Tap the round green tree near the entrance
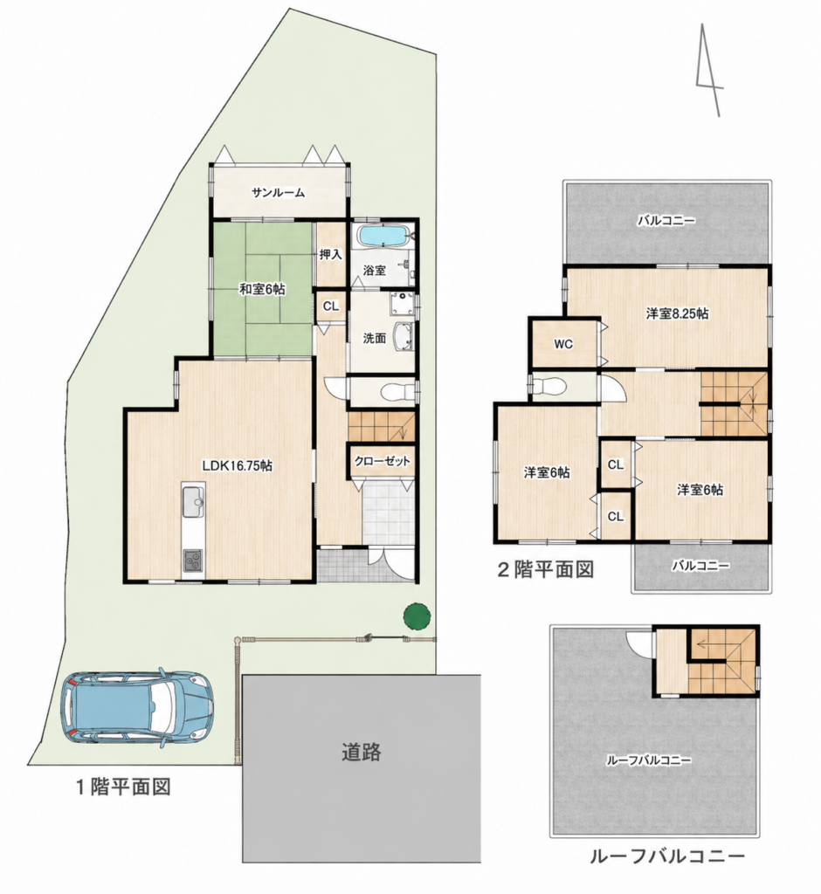(x=417, y=616)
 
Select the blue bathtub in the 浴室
(x=383, y=236)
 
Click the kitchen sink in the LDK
(x=193, y=502)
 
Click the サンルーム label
(x=279, y=193)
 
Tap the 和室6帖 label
(x=262, y=289)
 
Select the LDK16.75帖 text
(x=238, y=466)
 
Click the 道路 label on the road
(x=362, y=752)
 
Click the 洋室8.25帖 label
(x=677, y=313)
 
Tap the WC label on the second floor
(x=563, y=344)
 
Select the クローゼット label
(x=383, y=461)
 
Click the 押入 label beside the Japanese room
(x=330, y=254)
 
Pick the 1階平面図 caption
(x=123, y=787)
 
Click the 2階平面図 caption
(x=546, y=569)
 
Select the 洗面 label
(x=375, y=338)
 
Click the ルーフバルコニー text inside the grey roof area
(x=649, y=760)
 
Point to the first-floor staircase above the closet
(x=381, y=426)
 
